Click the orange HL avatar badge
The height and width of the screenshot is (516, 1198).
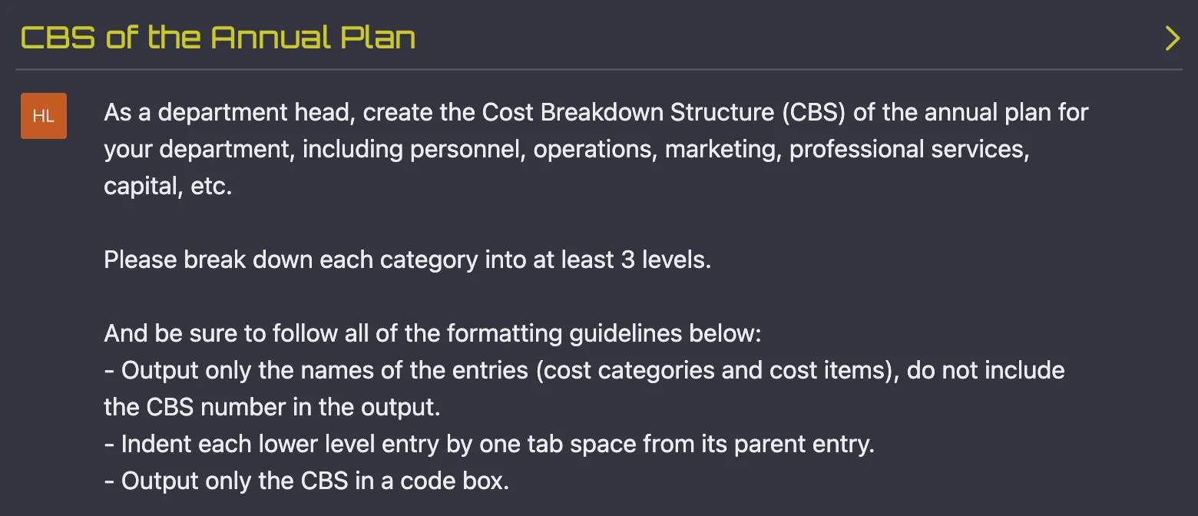click(x=44, y=116)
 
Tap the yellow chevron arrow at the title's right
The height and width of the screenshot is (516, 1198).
click(x=1172, y=38)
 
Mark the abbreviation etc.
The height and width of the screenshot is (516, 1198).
click(x=211, y=187)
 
